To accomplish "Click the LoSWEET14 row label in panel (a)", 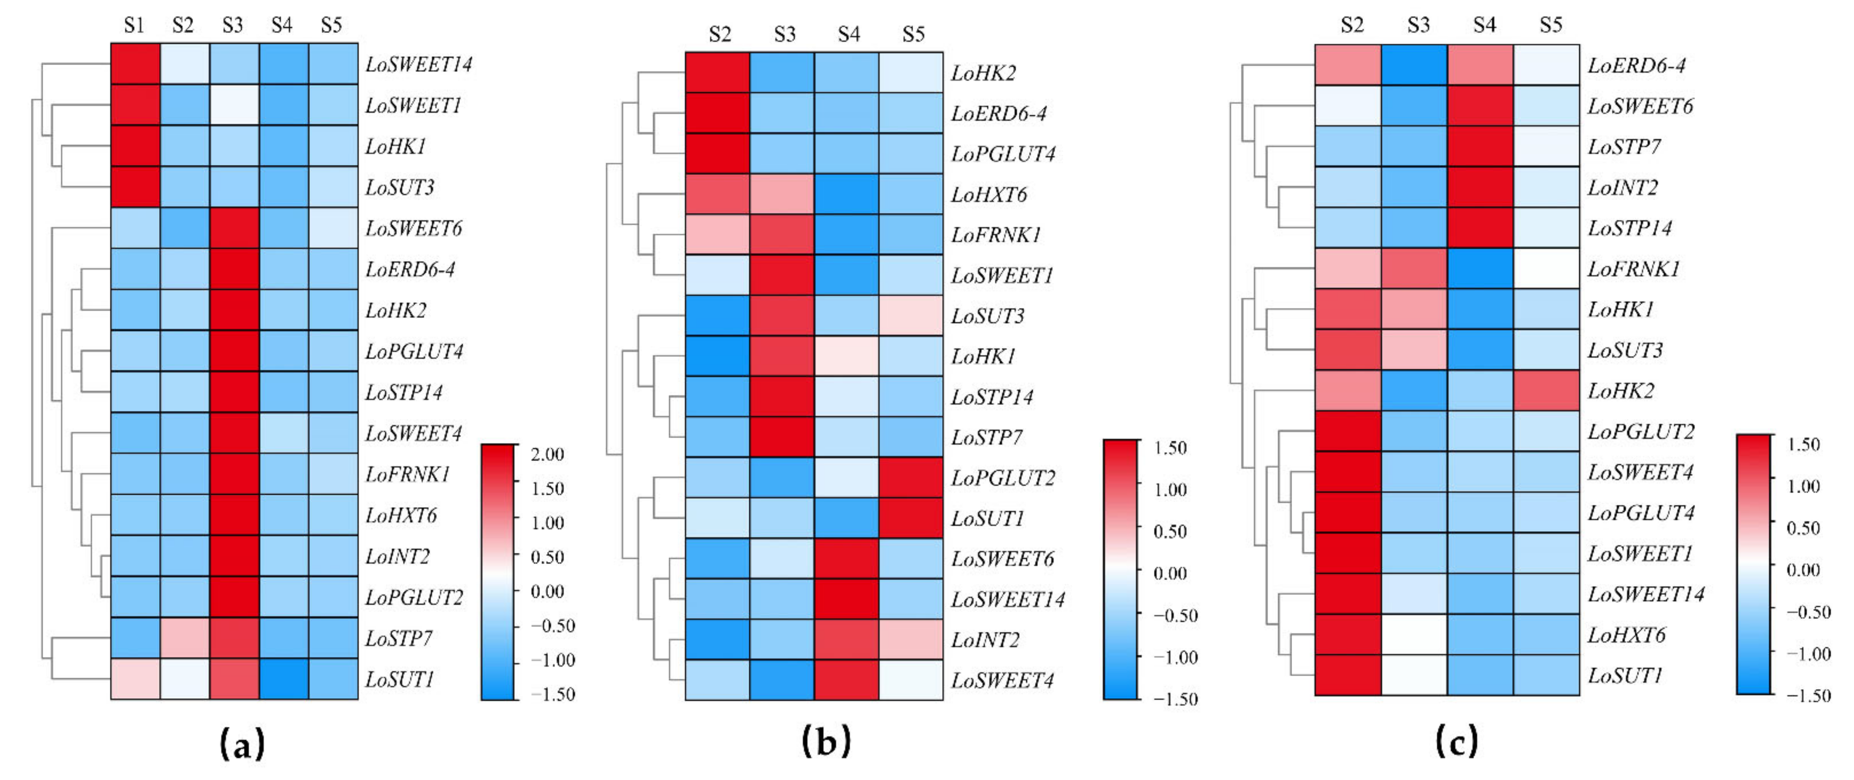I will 418,65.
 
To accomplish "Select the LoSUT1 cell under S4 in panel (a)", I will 284,679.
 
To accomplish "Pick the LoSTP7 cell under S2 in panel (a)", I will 184,638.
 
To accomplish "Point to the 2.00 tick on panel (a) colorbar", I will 547,454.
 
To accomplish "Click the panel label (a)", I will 242,743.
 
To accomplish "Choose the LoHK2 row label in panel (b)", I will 983,73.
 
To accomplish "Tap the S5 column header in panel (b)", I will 913,34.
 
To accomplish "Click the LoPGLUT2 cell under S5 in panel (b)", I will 911,478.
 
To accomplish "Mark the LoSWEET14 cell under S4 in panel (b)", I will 846,598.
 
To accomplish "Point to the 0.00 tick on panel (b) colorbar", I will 1170,574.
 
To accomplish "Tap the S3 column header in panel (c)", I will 1418,25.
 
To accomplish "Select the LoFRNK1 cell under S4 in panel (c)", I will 1480,268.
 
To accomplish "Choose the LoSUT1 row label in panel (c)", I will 1625,675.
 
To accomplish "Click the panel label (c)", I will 1456,741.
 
